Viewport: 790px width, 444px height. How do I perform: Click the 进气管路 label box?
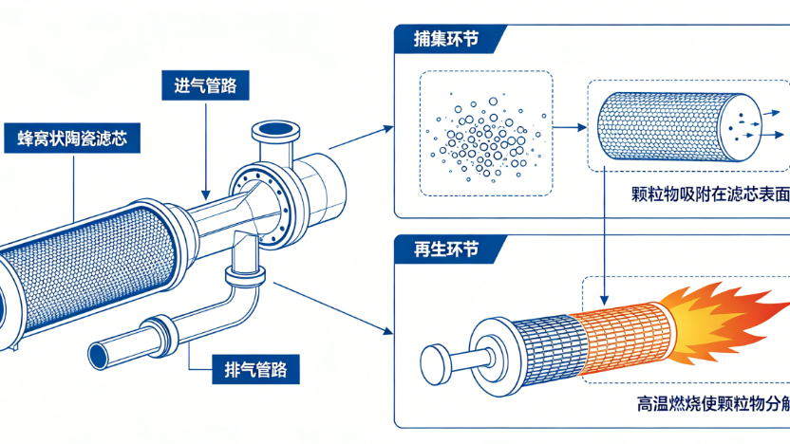point(205,85)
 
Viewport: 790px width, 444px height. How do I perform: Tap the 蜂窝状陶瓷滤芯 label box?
point(72,138)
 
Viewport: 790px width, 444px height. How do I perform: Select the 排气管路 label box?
point(255,369)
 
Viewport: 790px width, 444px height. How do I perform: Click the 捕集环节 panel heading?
point(446,39)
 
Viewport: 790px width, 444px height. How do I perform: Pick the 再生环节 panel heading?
point(446,250)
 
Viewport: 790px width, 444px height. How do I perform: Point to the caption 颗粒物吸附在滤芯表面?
point(710,194)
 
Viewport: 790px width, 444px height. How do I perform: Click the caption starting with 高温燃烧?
point(713,403)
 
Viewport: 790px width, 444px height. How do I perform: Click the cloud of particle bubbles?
point(486,135)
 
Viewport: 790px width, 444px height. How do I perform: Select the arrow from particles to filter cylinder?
point(571,127)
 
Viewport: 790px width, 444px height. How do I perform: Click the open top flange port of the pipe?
point(275,128)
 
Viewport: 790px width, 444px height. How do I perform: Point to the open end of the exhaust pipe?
point(99,356)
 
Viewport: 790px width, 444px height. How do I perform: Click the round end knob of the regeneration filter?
point(435,365)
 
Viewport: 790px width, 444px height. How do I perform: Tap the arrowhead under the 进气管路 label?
point(205,194)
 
